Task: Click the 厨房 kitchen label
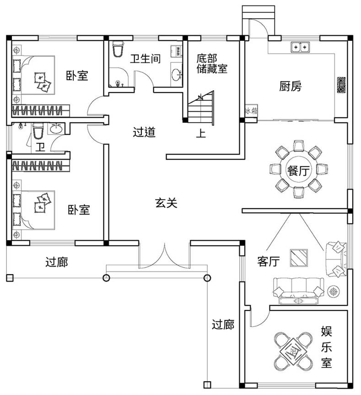pos(291,87)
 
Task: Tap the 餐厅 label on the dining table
pos(297,171)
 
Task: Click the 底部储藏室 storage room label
pos(211,64)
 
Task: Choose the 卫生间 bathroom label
pos(145,59)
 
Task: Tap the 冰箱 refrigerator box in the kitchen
pos(251,111)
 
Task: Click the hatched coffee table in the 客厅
pos(299,258)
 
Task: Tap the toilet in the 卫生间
pos(118,49)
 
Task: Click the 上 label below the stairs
pos(200,134)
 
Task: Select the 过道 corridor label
pos(144,132)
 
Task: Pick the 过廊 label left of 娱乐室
pos(223,325)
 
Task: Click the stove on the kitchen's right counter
pos(341,85)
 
